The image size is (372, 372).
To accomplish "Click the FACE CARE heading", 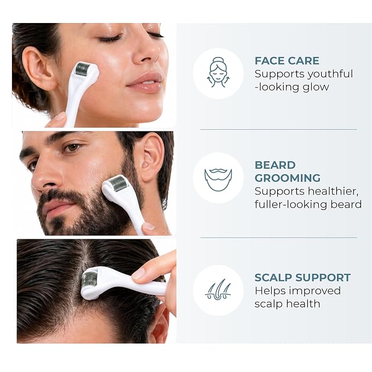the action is click(287, 61).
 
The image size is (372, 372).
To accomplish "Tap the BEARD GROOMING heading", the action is click(288, 171).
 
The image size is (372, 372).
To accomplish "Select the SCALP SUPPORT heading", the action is click(302, 277).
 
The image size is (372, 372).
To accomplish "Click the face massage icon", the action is click(218, 72).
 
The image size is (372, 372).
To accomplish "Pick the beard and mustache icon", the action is click(218, 180).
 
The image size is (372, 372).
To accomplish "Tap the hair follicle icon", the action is click(218, 289).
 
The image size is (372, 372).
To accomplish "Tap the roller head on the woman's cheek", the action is click(83, 68).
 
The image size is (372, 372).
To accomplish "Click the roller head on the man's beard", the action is click(117, 183).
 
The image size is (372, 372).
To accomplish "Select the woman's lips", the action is click(145, 83).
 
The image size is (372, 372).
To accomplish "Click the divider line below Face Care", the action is click(278, 129).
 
